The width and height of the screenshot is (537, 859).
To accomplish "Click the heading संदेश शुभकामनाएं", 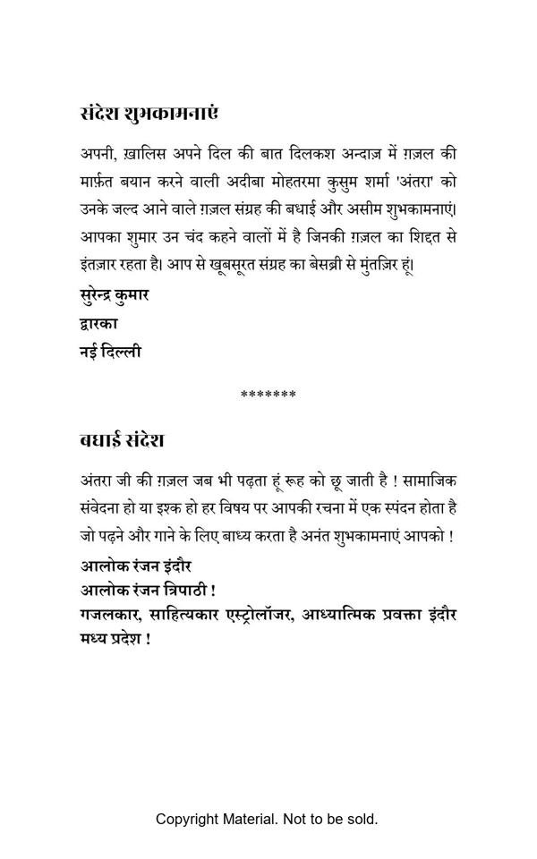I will click(149, 114).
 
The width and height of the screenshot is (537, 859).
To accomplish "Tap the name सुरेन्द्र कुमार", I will click(114, 293).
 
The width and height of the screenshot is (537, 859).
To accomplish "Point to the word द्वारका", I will click(98, 323).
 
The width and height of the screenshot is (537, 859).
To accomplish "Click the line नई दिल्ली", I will click(110, 352).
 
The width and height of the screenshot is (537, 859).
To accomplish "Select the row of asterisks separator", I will click(268, 395).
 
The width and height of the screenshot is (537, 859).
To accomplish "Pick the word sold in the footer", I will click(360, 819).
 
